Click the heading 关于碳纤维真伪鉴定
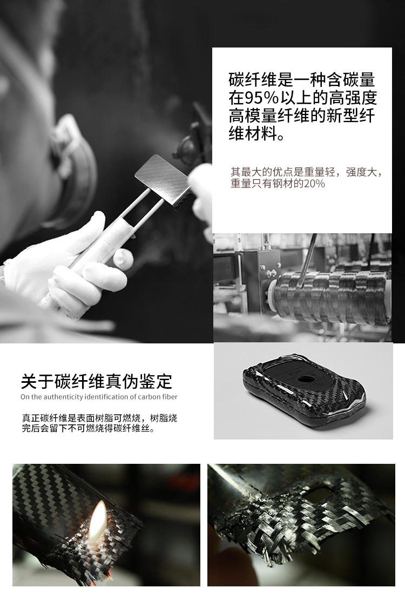click(x=97, y=381)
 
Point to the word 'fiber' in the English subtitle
click(x=170, y=397)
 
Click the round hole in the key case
click(x=305, y=379)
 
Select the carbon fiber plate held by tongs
click(x=163, y=180)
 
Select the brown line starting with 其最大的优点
click(x=306, y=172)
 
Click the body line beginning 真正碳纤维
click(x=100, y=418)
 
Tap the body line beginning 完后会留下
click(x=89, y=428)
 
